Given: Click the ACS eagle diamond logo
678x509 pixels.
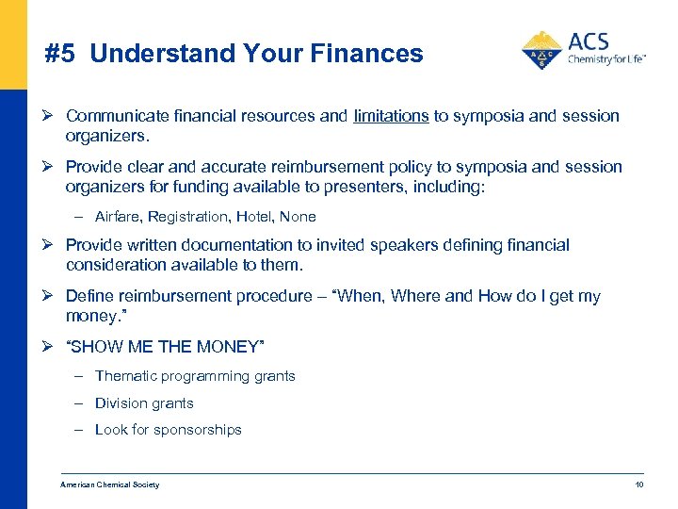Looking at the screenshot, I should [x=541, y=51].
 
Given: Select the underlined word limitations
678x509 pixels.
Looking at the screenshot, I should [x=391, y=116].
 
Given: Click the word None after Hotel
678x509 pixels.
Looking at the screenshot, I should [x=299, y=217].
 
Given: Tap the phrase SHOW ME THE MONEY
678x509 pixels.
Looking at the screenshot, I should [x=165, y=347].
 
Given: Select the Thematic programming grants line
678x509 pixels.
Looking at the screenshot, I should [x=195, y=376].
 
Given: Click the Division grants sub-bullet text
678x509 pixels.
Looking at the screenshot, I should [x=144, y=403].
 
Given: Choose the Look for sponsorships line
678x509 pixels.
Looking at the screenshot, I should [x=169, y=430].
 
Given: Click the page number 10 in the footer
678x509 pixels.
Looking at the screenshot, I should [x=638, y=484].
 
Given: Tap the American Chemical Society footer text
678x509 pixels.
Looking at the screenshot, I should [x=110, y=484].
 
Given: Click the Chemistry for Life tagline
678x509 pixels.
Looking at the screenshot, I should [x=606, y=59].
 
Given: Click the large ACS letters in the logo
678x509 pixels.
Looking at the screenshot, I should [x=589, y=41].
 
